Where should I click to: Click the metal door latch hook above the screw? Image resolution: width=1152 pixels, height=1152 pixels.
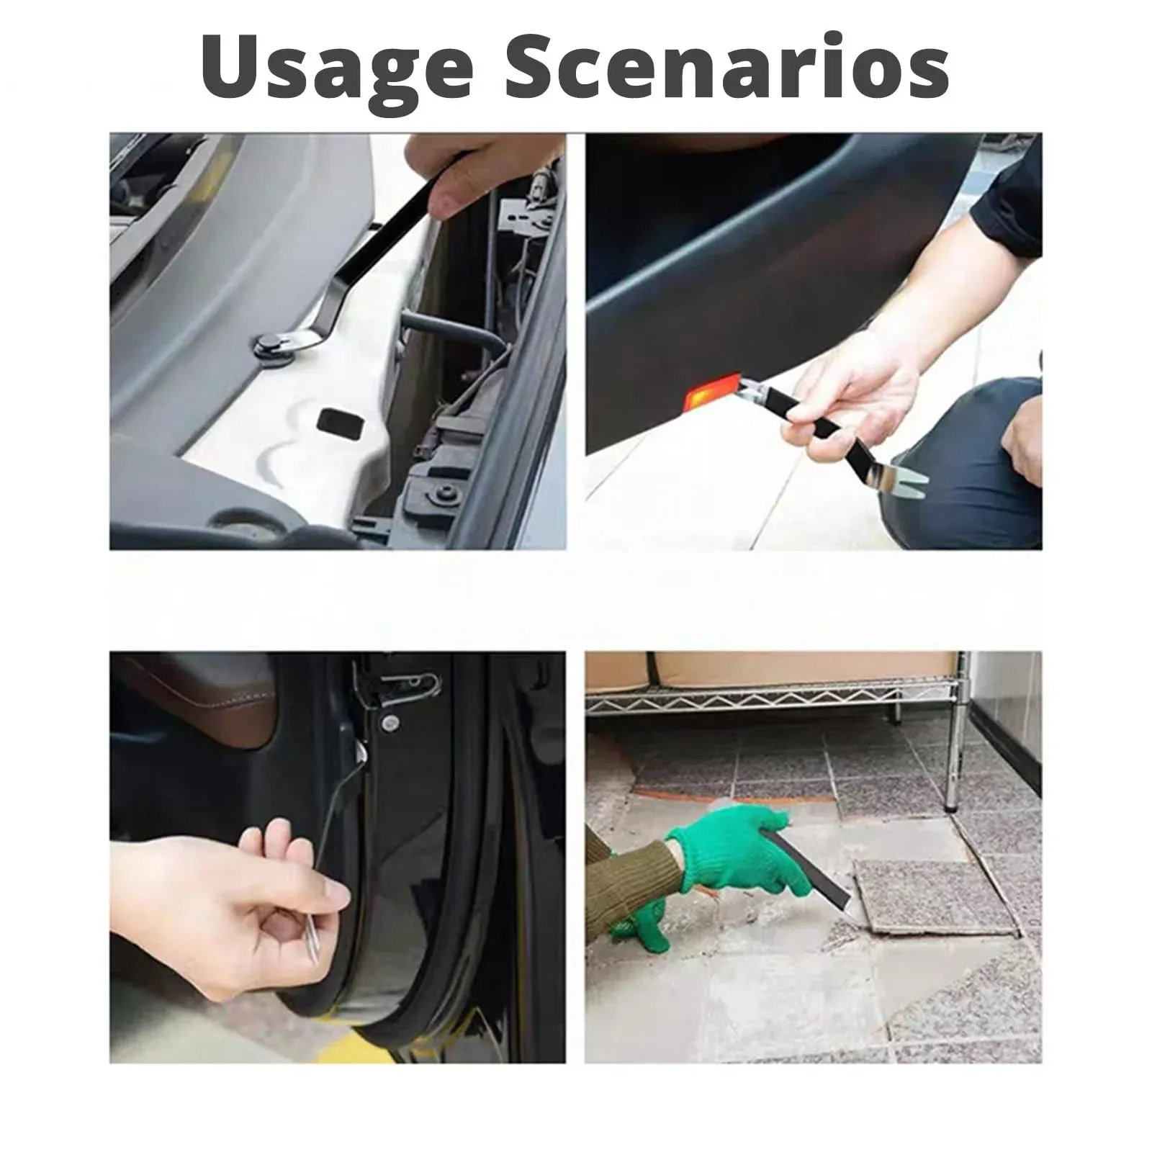tap(403, 680)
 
